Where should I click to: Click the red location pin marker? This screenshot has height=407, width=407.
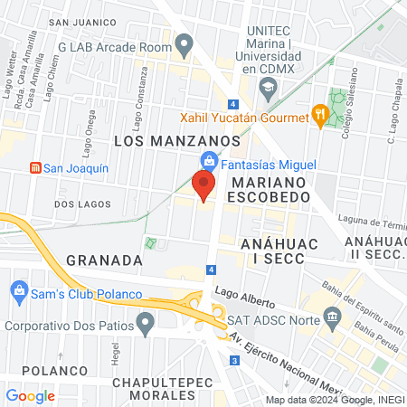pos(203,185)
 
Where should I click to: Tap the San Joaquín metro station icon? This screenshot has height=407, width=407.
pos(35,168)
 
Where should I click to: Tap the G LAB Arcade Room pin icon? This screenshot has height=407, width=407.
pos(185,43)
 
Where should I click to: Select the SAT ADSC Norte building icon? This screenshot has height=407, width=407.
pos(332,317)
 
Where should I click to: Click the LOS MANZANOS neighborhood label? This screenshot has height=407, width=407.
pos(176,142)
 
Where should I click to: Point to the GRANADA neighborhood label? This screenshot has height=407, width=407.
pos(104,260)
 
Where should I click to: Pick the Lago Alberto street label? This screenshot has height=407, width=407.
pos(247,296)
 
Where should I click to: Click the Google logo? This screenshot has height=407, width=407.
pos(30,395)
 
